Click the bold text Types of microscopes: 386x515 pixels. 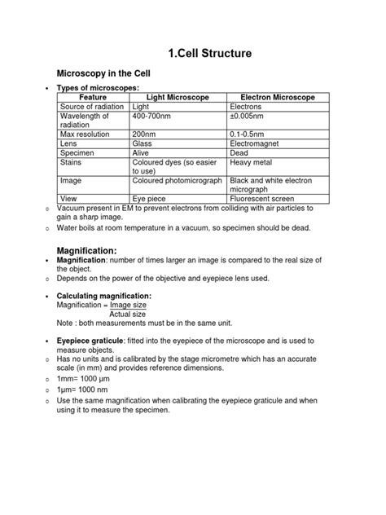(98, 87)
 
